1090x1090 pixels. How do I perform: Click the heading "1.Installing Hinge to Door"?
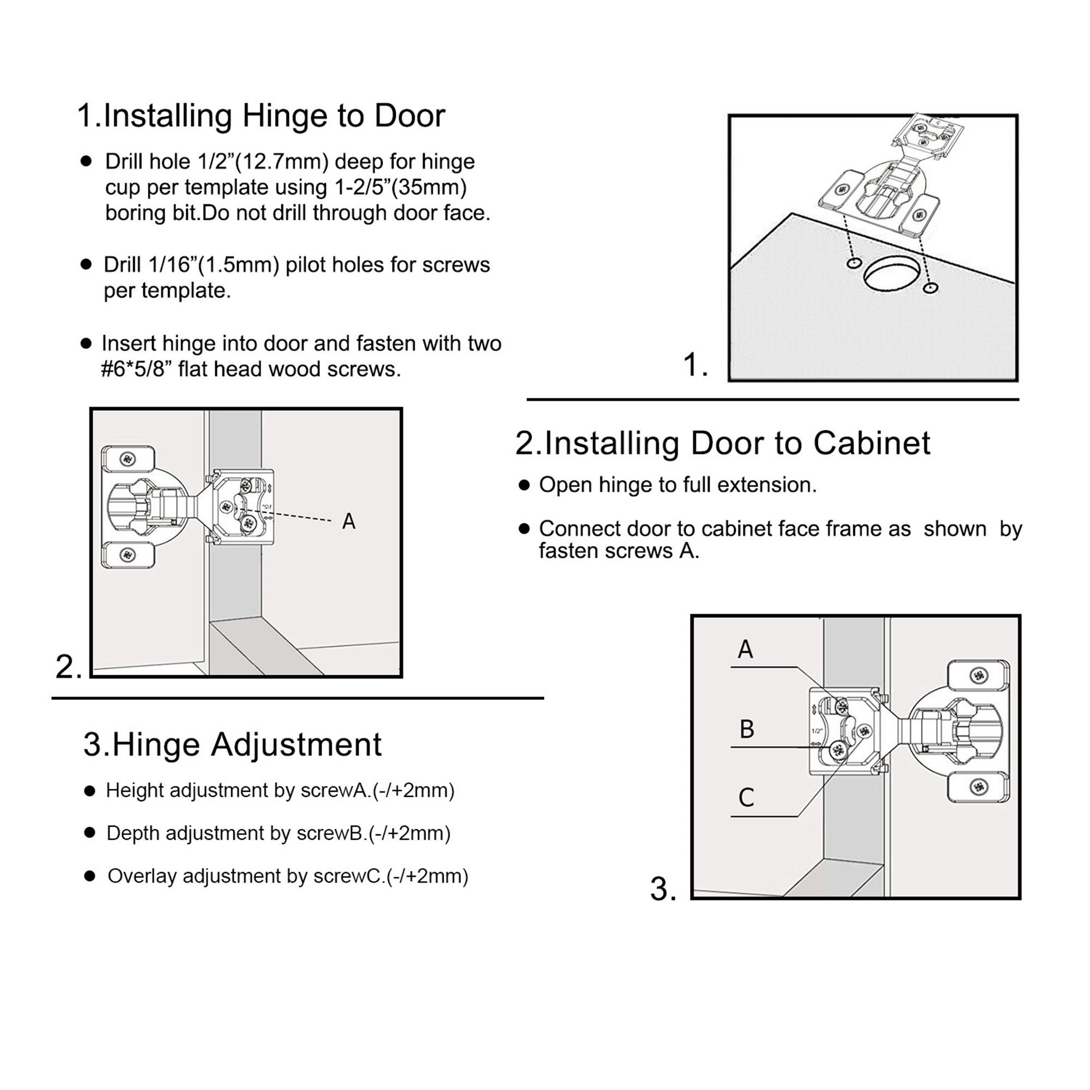(261, 116)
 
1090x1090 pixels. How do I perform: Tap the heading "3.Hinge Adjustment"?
(233, 744)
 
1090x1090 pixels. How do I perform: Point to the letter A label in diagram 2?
(349, 522)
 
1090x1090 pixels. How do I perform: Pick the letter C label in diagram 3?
(746, 798)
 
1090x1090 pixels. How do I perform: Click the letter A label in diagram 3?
(745, 650)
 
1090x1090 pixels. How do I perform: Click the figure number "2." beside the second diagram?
(69, 667)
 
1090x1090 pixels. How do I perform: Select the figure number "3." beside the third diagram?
(663, 888)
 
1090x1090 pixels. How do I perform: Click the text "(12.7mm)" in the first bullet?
(282, 162)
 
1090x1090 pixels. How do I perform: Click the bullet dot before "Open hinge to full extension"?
(524, 485)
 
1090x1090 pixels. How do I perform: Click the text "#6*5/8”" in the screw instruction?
(137, 370)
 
